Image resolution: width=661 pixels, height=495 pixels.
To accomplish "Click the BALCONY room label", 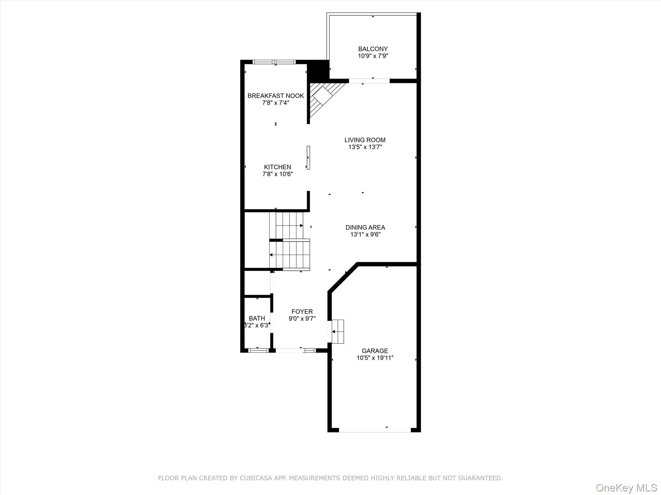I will click(x=373, y=49).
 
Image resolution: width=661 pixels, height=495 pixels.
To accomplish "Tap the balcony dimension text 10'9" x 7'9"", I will click(x=373, y=56).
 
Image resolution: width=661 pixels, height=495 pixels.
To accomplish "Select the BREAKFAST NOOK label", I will click(x=276, y=96).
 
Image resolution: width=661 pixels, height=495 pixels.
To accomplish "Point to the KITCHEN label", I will click(x=278, y=167).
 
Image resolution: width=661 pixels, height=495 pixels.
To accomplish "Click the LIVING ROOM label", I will click(x=365, y=140).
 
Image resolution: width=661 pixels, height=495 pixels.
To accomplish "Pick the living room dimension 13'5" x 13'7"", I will click(x=365, y=147).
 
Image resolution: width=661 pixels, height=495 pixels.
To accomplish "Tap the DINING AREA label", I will click(x=365, y=228).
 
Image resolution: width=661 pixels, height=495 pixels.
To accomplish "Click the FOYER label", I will click(x=302, y=312).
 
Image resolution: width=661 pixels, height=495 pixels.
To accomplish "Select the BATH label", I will click(x=257, y=318).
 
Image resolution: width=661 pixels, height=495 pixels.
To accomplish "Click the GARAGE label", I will click(x=375, y=351).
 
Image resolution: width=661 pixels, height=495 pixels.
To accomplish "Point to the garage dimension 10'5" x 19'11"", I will click(x=375, y=358).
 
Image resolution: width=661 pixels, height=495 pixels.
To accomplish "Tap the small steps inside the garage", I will click(x=338, y=331).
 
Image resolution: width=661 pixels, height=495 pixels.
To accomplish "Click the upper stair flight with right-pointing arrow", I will click(x=289, y=225).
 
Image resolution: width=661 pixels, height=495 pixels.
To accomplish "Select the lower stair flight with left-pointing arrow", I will click(x=290, y=255).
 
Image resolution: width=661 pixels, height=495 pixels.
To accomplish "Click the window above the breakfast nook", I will click(x=274, y=62).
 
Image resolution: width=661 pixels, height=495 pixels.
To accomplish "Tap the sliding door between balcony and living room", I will click(x=369, y=81).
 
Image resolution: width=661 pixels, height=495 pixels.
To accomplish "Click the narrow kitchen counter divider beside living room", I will click(x=308, y=158).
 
